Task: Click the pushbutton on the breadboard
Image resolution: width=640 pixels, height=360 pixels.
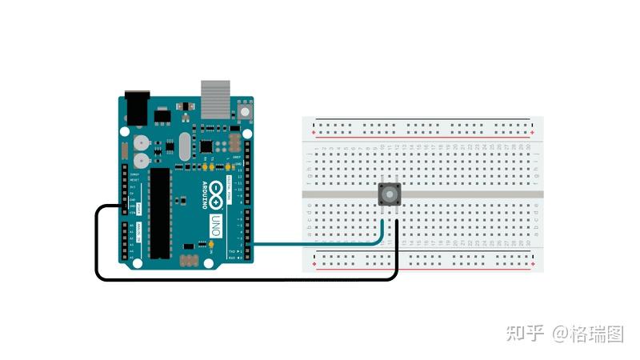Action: click(390, 194)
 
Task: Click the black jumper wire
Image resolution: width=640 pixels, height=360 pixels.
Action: click(240, 279)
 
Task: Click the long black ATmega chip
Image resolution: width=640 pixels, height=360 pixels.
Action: click(161, 212)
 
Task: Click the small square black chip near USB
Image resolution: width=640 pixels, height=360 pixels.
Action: click(207, 146)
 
